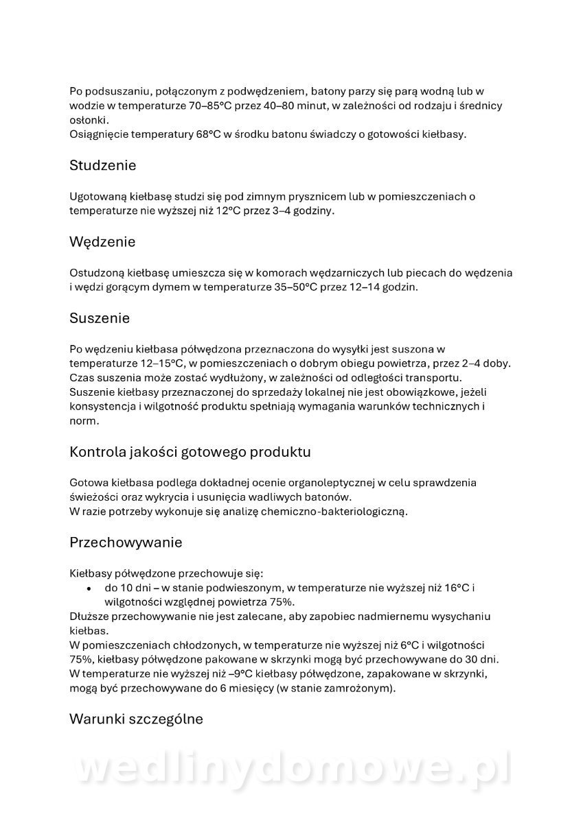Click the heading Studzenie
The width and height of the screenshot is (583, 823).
click(103, 165)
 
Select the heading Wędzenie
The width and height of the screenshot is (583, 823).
click(102, 242)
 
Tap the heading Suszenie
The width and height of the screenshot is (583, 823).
click(100, 318)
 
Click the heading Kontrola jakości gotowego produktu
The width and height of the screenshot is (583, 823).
click(190, 452)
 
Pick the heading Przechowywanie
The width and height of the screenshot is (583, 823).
click(126, 542)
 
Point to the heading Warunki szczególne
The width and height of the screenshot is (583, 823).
click(136, 719)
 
